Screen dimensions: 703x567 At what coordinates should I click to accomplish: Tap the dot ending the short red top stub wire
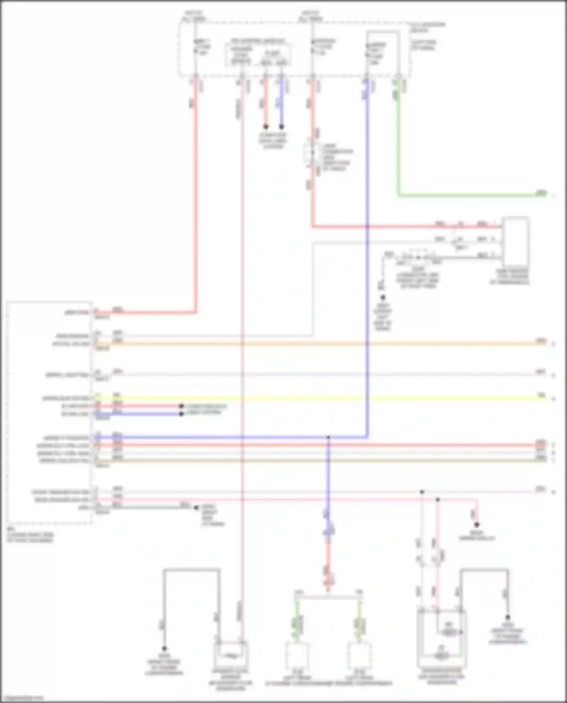pos(266,127)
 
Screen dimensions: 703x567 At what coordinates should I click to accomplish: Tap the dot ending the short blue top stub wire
pos(281,127)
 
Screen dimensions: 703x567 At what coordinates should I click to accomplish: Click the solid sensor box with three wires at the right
pos(515,242)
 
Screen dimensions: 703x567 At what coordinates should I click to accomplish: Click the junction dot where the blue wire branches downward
pos(328,437)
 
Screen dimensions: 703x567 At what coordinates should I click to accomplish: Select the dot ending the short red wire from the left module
pos(181,406)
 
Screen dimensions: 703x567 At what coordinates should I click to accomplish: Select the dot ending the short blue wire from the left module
pos(181,414)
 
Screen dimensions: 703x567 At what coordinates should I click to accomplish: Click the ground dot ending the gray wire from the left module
pos(196,508)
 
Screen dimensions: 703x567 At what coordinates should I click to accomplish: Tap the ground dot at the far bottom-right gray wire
pos(508,617)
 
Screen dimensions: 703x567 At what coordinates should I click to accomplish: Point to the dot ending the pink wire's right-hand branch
pos(477,525)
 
